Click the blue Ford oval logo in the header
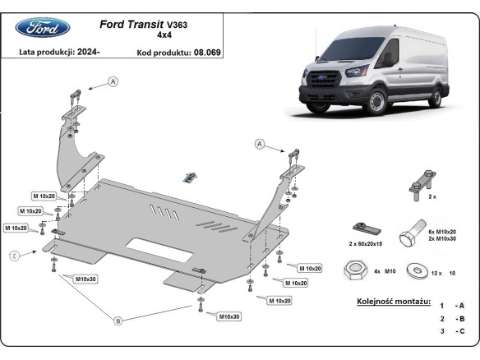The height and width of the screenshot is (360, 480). (x=38, y=28)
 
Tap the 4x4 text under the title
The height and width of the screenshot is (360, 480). (x=164, y=36)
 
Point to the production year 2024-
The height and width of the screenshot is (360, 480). (x=86, y=53)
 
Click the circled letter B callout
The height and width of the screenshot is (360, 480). (x=118, y=321)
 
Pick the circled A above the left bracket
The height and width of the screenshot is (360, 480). (x=113, y=81)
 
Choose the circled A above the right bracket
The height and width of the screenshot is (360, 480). (x=261, y=144)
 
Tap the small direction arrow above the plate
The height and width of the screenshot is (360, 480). (x=191, y=175)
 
